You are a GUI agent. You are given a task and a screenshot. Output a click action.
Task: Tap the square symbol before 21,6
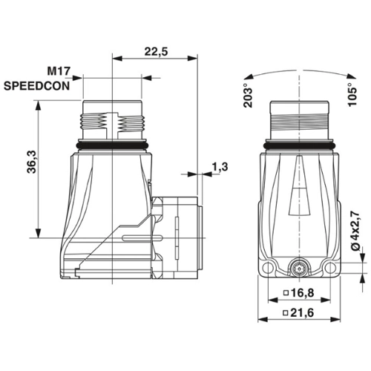(x=286, y=315)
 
